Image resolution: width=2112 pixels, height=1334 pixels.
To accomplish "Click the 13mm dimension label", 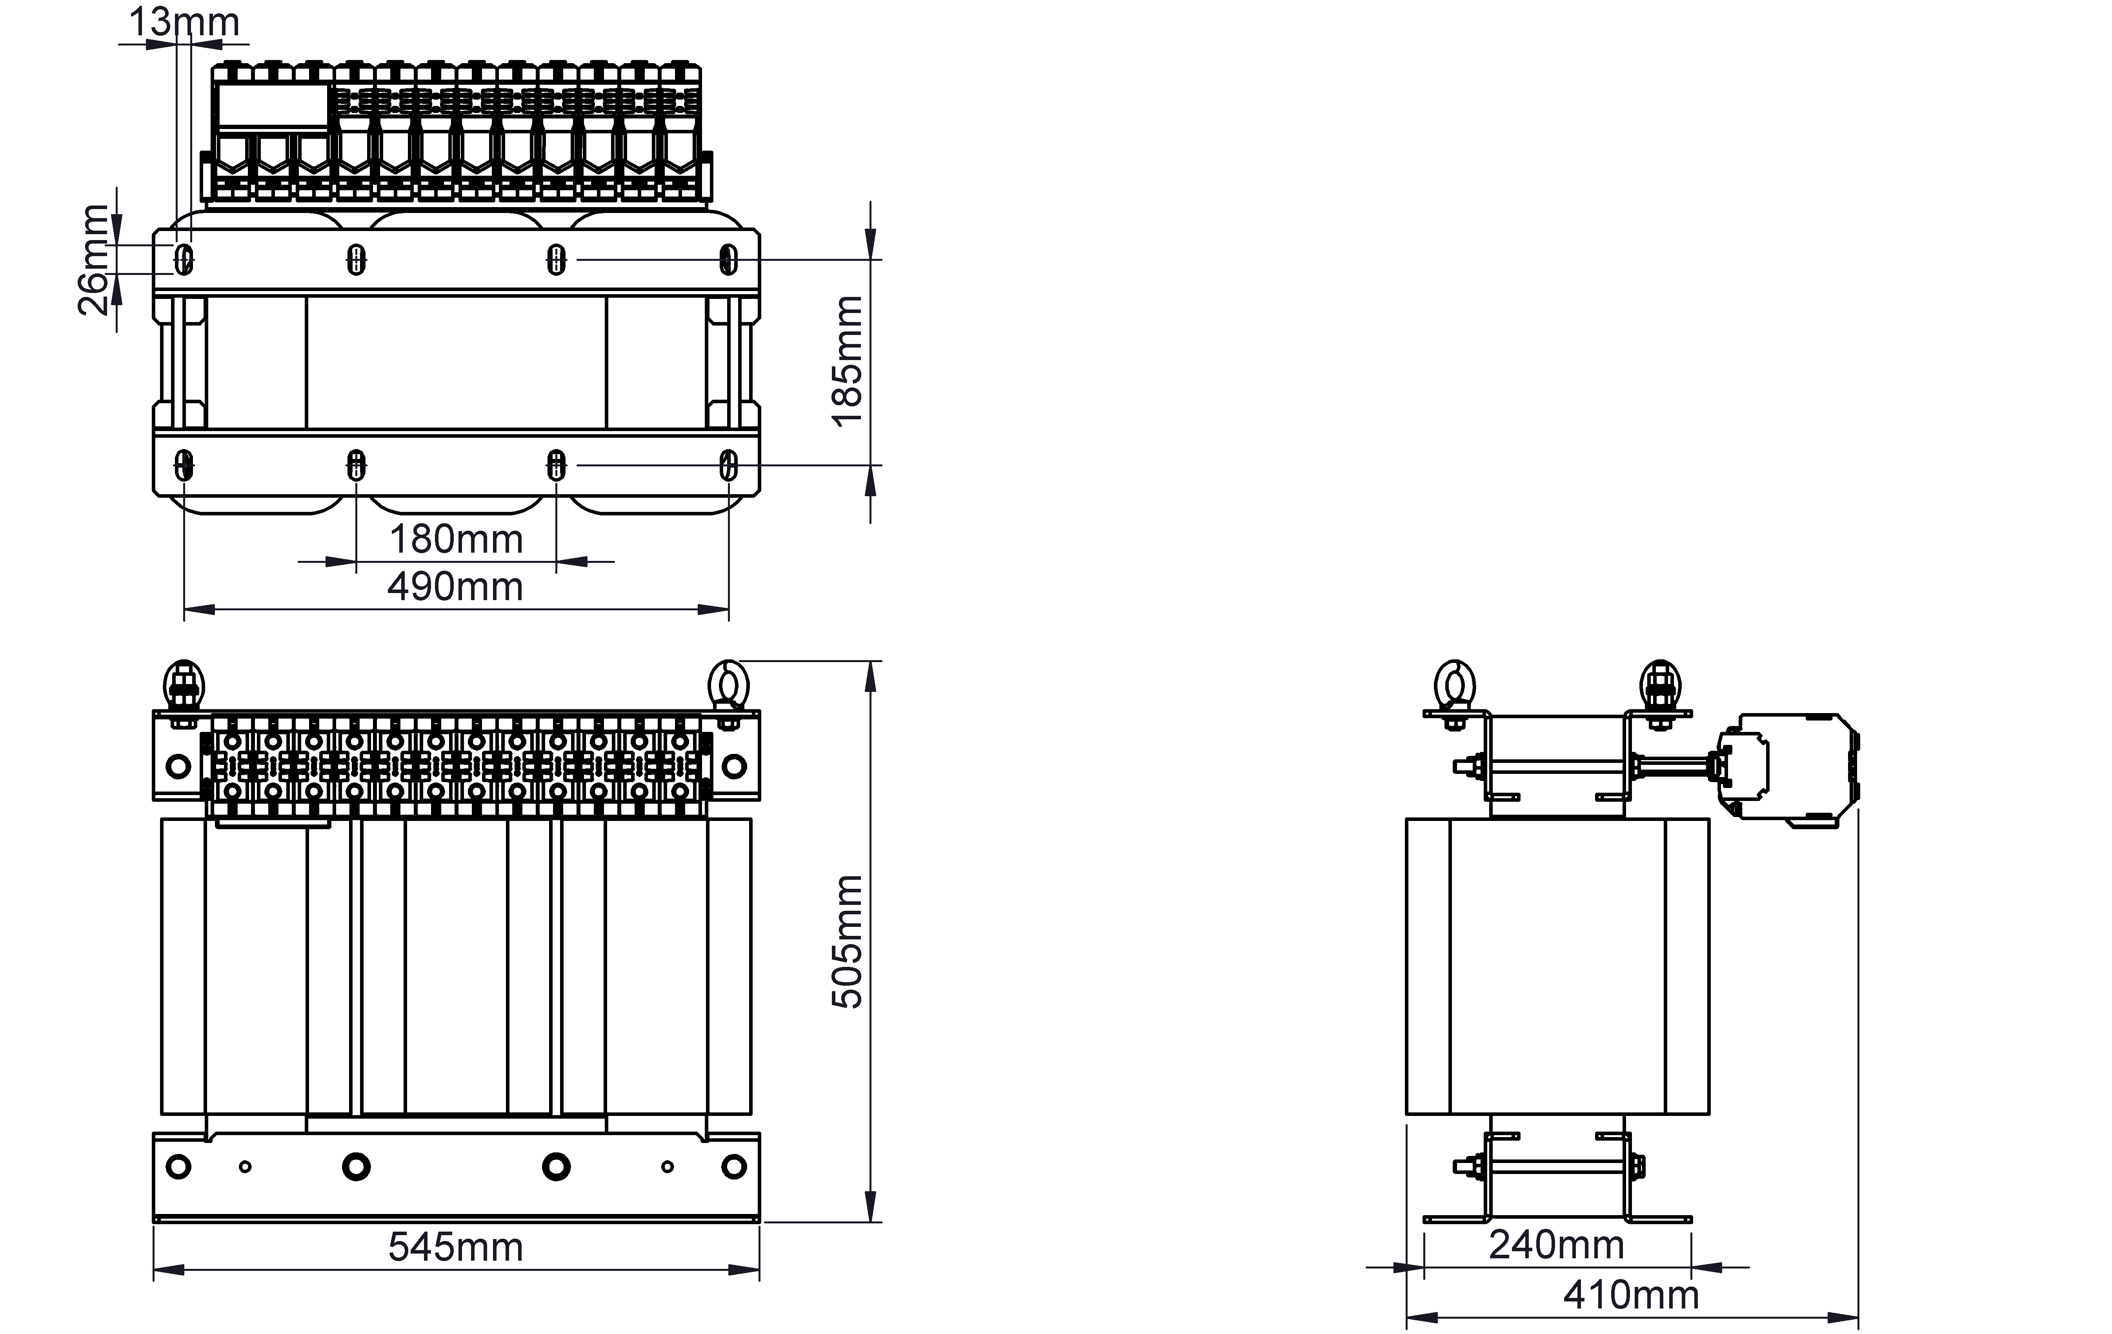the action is point(184,22).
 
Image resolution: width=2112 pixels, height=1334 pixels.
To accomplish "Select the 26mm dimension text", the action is point(94,260).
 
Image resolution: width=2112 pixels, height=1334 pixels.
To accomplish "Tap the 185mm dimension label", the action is point(847,361).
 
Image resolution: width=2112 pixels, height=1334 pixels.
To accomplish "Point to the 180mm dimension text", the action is point(456,539).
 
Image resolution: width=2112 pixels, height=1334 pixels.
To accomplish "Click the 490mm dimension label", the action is point(456,586).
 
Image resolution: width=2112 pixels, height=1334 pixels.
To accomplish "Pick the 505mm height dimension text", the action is point(847,942).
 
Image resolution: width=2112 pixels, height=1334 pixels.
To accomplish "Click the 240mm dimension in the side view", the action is point(1557,1244).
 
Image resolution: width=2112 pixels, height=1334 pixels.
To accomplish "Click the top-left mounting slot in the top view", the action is point(184,260).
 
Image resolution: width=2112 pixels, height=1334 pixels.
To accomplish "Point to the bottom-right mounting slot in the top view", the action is point(728,465).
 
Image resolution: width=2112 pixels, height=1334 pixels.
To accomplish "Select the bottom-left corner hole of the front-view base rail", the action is point(178,1167).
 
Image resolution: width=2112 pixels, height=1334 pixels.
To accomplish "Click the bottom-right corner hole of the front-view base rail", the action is point(734,1167).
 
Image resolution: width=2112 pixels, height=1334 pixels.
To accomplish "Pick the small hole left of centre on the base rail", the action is point(246,1167).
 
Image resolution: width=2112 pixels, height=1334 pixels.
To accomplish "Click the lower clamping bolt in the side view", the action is point(1549,1167).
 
